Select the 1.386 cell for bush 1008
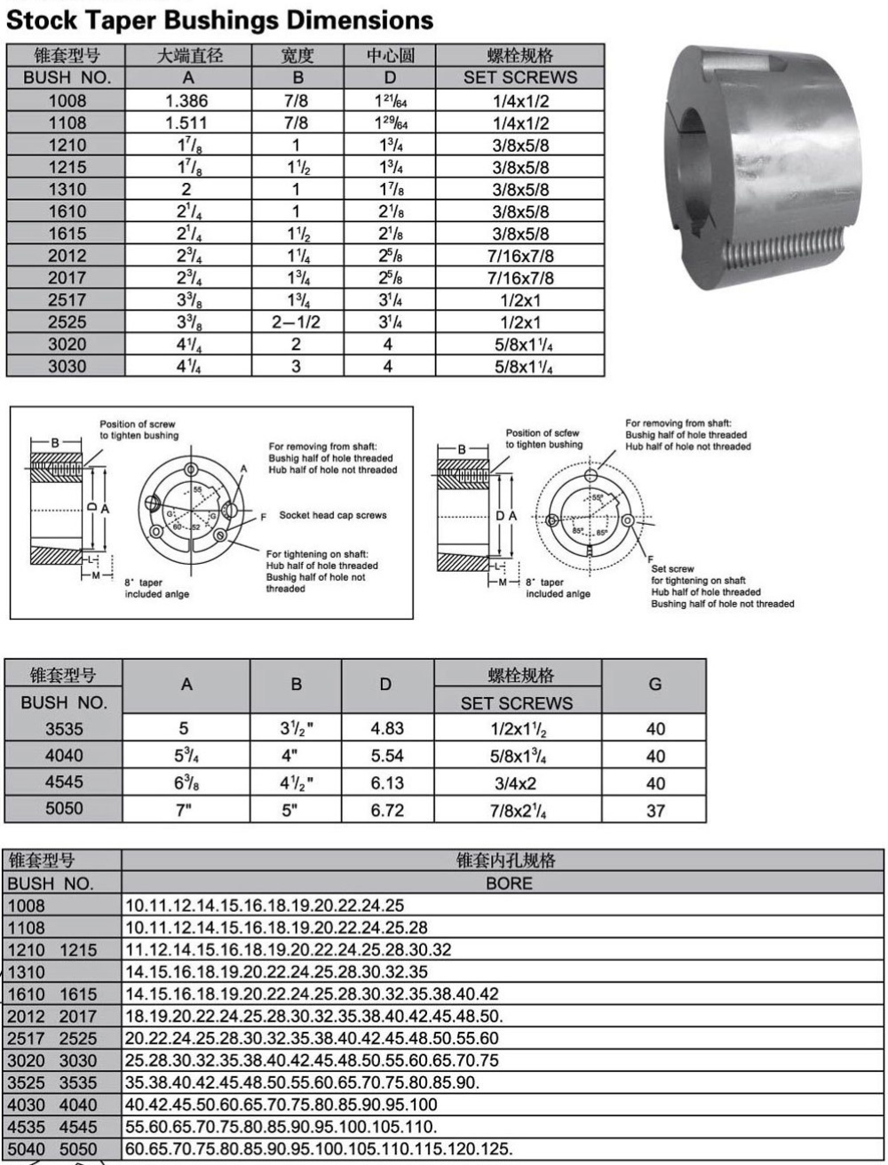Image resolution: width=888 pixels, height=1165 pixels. tap(187, 100)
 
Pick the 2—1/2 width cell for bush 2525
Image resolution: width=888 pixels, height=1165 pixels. tap(297, 322)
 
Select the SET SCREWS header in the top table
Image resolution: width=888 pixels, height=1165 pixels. tap(519, 78)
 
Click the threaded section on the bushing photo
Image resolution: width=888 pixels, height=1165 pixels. tap(790, 258)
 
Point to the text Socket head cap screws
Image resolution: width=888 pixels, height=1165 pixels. tap(333, 515)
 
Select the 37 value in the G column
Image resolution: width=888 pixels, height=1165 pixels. tap(655, 811)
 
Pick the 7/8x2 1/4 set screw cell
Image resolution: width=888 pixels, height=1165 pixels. tap(519, 811)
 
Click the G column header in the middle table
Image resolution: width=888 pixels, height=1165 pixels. tap(655, 686)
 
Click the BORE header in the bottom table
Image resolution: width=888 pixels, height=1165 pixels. tap(509, 884)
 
